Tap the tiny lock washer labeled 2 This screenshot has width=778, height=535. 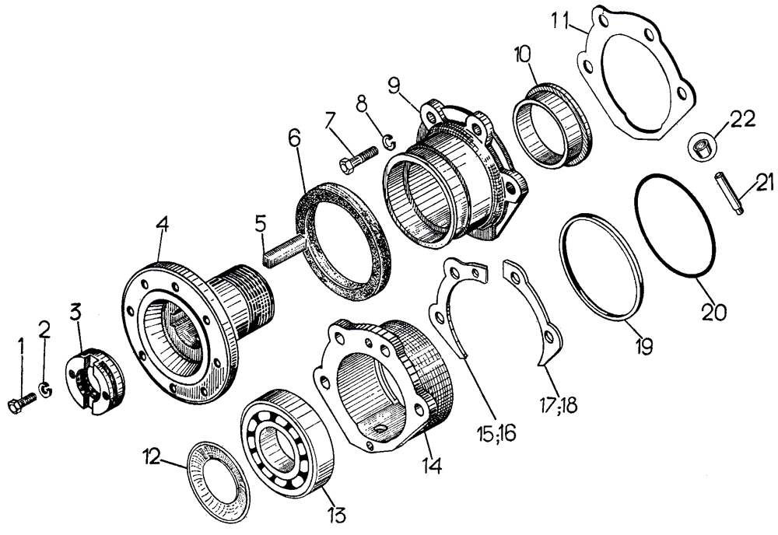(45, 388)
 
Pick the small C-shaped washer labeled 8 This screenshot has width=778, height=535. (387, 142)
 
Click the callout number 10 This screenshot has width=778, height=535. (520, 55)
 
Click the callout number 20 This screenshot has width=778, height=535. (714, 311)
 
